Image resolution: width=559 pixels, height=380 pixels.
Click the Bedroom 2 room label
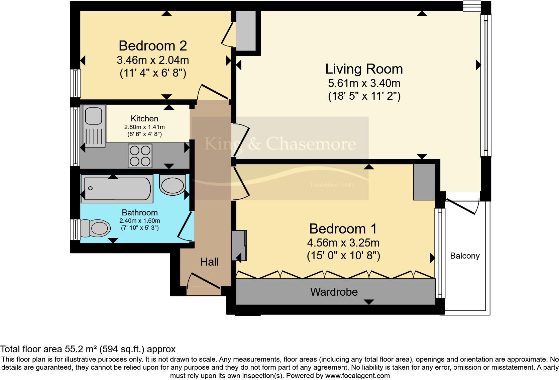(x=153, y=46)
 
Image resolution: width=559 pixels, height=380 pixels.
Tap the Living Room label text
(x=364, y=69)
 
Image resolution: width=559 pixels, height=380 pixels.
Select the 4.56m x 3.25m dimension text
(x=343, y=243)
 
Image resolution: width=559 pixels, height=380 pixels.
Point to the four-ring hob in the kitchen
(x=140, y=156)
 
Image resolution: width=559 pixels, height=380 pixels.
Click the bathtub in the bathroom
(x=117, y=189)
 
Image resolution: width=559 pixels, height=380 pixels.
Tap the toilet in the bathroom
(x=95, y=228)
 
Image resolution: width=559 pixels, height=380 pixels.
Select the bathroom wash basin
(x=173, y=185)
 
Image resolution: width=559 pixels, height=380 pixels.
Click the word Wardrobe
(x=334, y=292)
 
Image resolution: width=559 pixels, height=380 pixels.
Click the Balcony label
(x=465, y=256)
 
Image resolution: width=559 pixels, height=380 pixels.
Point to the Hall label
(x=209, y=262)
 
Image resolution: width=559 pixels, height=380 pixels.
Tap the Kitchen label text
(x=144, y=119)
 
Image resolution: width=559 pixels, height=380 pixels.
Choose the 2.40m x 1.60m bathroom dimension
(x=140, y=221)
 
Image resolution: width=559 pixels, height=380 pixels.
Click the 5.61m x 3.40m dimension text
(x=364, y=83)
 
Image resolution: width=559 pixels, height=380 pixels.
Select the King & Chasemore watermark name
(x=280, y=144)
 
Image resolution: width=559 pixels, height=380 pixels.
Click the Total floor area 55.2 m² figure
(x=88, y=349)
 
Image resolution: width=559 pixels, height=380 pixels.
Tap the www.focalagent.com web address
(x=357, y=376)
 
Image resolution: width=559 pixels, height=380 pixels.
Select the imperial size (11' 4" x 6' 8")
(x=153, y=73)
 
